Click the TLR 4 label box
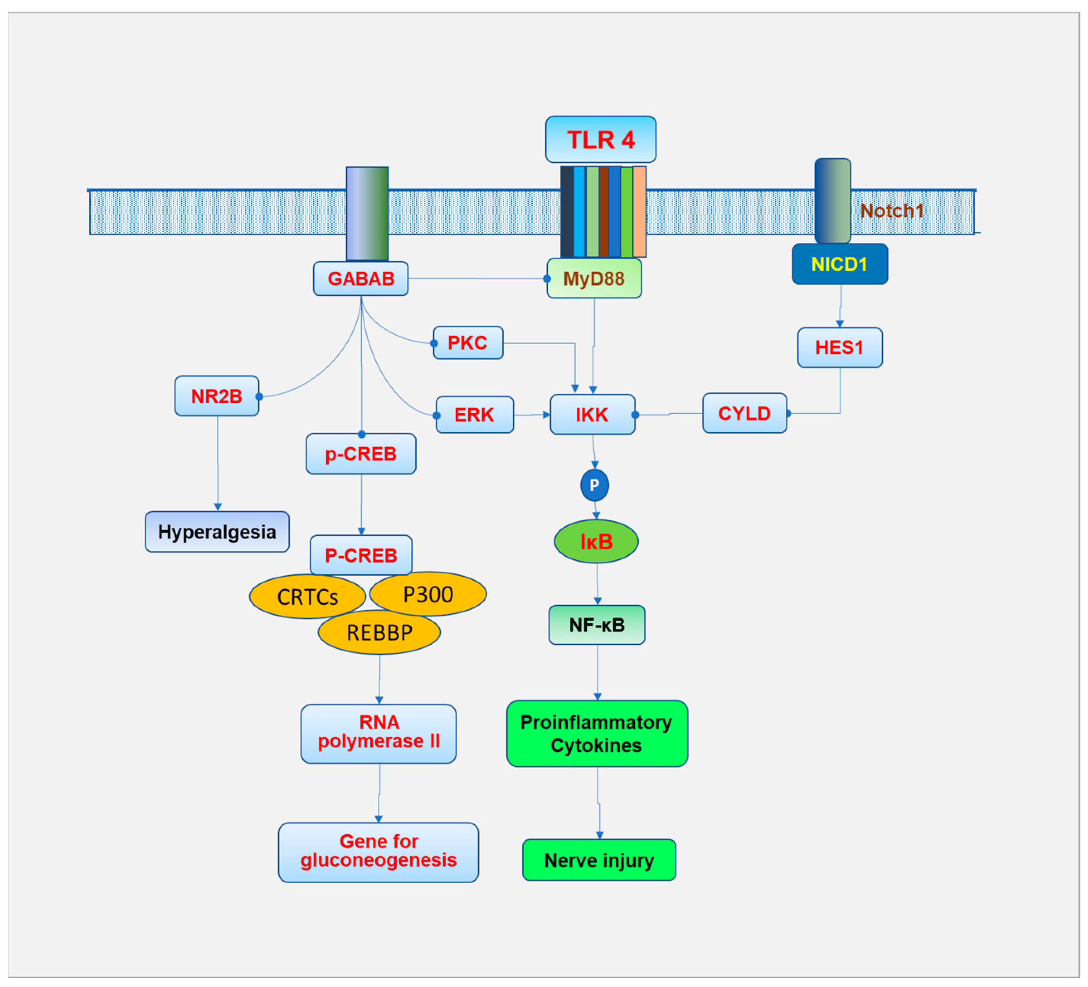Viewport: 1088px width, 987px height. [601, 139]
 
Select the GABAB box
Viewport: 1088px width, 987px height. [360, 279]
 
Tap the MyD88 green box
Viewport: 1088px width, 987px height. [594, 279]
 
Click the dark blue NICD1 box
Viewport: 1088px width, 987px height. [840, 264]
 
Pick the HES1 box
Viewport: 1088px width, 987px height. [840, 347]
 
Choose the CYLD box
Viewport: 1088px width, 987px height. [744, 413]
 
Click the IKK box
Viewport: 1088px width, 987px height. [592, 414]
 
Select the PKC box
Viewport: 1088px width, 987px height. [468, 342]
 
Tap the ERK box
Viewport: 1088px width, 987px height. [474, 414]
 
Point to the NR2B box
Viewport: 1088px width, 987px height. [216, 396]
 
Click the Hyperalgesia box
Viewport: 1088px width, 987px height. [217, 531]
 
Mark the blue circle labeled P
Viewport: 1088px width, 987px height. [594, 485]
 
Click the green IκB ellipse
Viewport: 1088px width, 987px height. [596, 541]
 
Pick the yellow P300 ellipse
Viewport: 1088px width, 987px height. [428, 594]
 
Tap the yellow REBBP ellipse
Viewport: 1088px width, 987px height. [379, 632]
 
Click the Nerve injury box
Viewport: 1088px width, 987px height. [599, 860]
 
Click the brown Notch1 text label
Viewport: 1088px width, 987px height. [891, 211]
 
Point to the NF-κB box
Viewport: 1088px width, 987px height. [597, 625]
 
